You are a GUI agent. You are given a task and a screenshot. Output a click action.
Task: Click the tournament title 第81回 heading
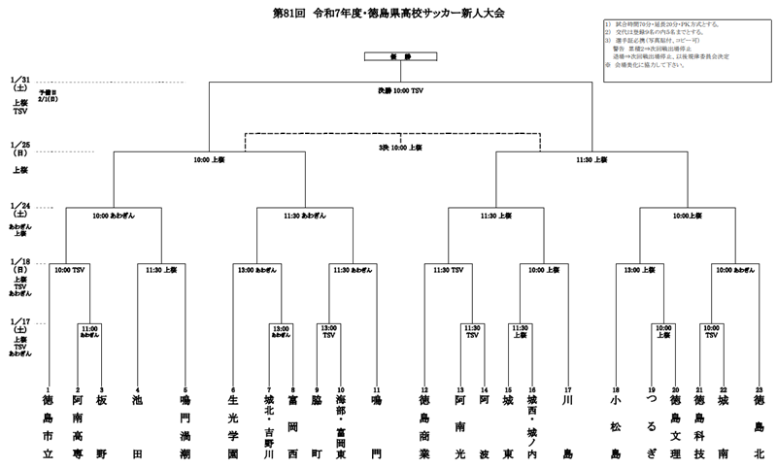coord(388,15)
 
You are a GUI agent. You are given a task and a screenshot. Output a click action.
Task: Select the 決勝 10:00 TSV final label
coord(400,90)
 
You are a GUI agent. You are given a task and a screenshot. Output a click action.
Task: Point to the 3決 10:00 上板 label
coord(400,147)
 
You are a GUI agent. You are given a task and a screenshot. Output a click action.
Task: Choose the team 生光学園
coord(232,426)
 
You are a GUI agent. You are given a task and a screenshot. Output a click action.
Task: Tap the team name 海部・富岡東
coord(341,426)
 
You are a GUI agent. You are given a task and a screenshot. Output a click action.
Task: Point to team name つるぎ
coord(653,426)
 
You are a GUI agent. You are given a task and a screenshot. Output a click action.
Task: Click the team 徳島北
coord(759,426)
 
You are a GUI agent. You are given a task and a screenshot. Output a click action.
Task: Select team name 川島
coord(568,426)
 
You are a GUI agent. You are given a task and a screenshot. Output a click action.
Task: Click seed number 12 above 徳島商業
coord(424,388)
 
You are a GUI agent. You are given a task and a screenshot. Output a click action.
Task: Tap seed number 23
coord(759,388)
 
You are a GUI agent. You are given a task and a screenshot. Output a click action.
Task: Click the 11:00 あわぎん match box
coord(89,332)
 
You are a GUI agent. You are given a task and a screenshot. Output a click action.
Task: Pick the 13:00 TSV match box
coord(328,332)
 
